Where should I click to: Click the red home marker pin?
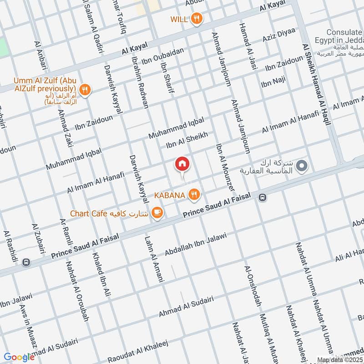(x=182, y=163)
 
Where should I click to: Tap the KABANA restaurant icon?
(x=195, y=195)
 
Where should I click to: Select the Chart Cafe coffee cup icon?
(x=157, y=212)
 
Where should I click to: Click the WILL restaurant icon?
(x=197, y=19)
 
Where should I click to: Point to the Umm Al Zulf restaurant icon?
(x=84, y=89)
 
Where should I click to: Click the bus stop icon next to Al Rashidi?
(x=26, y=262)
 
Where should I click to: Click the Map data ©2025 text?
(x=339, y=360)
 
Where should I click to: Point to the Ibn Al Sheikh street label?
(x=187, y=140)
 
